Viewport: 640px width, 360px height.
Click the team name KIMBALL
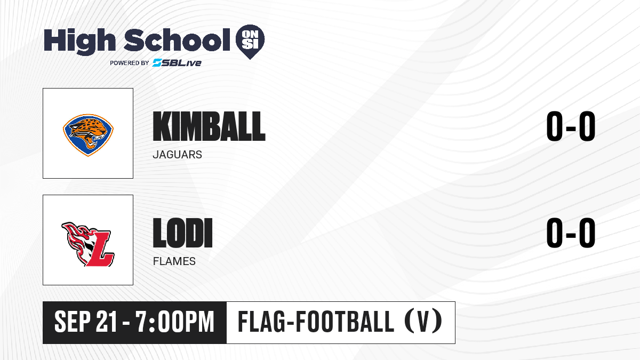coord(209,126)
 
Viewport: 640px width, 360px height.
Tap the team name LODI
coord(182,233)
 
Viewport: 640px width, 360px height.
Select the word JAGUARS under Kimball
coord(177,155)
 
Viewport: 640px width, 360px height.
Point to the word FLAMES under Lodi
coord(174,261)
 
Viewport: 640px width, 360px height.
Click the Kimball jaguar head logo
coord(88,135)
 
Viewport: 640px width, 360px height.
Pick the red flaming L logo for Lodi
coord(88,244)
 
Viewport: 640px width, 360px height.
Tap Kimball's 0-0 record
coord(571,126)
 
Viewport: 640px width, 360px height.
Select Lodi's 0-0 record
coord(571,233)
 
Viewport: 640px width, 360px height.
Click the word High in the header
coord(79,42)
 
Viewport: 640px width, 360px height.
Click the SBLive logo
coord(177,62)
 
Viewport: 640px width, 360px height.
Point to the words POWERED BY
coord(130,63)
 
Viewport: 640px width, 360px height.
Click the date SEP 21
coord(86,322)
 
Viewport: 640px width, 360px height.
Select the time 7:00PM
coord(175,322)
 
